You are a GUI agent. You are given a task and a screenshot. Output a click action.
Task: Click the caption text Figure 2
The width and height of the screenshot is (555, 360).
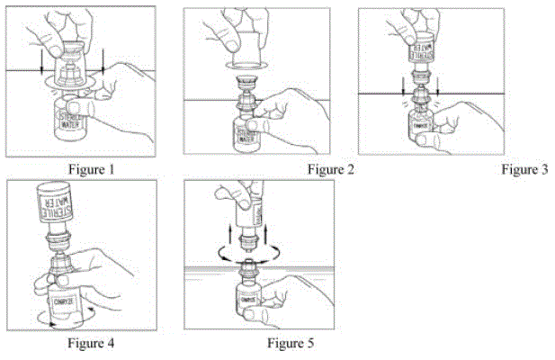(x=329, y=168)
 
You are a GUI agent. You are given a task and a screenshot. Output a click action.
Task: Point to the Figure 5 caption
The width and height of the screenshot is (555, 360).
(x=291, y=342)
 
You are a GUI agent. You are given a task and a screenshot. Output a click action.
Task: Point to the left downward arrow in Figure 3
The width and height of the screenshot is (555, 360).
(x=401, y=87)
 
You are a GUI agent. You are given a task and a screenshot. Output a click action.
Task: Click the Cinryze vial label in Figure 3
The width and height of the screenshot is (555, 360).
(x=420, y=127)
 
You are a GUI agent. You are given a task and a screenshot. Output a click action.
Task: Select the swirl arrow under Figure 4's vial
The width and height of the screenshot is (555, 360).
(x=63, y=321)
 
